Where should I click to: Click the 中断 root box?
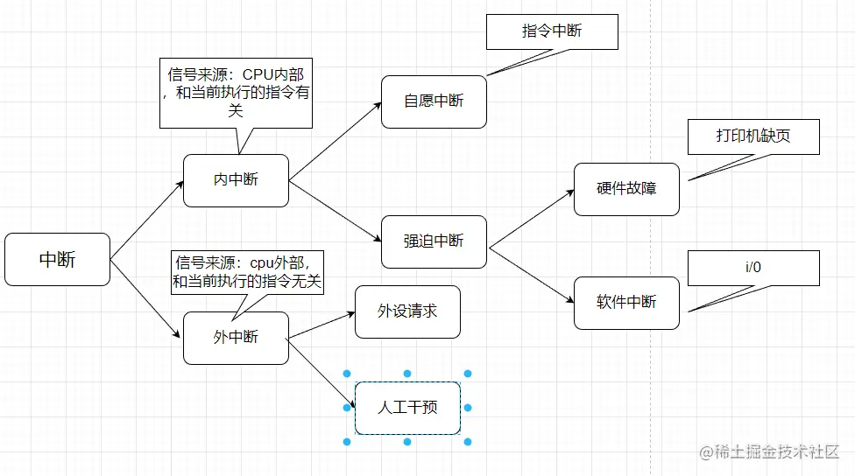(x=57, y=259)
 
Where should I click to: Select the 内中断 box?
(x=236, y=180)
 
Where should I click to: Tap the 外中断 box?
(x=236, y=338)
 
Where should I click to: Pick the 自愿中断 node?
(x=434, y=101)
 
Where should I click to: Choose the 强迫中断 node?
(x=434, y=241)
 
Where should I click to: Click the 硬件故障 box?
(x=626, y=189)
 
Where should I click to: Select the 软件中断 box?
(x=626, y=303)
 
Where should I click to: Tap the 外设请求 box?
(x=407, y=311)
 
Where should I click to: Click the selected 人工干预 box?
(x=407, y=408)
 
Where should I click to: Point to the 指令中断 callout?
(x=552, y=31)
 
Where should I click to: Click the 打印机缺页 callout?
(x=754, y=137)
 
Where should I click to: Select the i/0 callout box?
(x=753, y=268)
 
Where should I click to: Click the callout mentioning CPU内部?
(x=236, y=94)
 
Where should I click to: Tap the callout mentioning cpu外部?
(x=248, y=272)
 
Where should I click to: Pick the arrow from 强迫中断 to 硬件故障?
(x=531, y=219)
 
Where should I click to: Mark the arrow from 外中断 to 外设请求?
(x=321, y=325)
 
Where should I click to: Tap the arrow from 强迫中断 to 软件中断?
(x=531, y=275)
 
